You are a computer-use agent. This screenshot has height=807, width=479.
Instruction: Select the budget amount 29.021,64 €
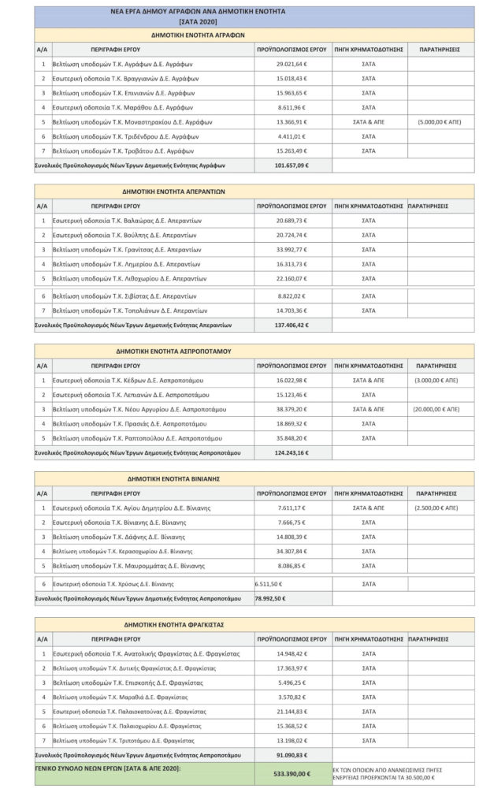click(291, 64)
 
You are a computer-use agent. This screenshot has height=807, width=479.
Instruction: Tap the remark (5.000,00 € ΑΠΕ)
click(440, 122)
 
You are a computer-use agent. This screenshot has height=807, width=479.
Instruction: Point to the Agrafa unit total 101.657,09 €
click(291, 166)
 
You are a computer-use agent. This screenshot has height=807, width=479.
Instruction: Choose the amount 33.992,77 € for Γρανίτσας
click(291, 250)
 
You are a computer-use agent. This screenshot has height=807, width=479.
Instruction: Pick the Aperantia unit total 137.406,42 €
click(291, 325)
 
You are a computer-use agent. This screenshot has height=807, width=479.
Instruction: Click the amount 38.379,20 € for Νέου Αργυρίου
click(291, 409)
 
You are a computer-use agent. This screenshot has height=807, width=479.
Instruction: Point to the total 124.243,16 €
click(291, 452)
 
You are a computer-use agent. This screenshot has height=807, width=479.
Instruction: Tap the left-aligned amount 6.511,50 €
click(270, 584)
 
